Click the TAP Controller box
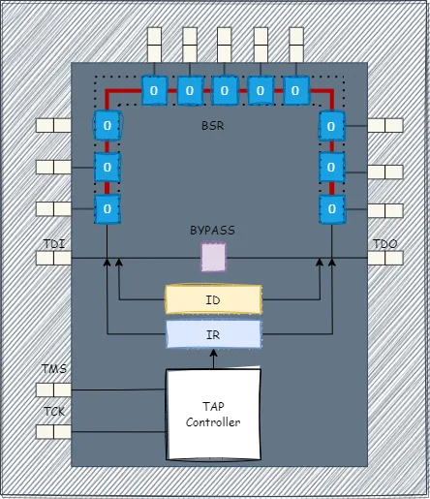213,415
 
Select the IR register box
213,334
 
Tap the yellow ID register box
213,299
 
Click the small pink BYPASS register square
213,257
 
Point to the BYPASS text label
212,231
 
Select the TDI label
54,244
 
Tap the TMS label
54,370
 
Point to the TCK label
54,411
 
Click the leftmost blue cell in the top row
155,91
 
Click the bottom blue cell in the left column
107,208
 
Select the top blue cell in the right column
331,125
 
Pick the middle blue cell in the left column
107,167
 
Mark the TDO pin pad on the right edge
384,259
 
